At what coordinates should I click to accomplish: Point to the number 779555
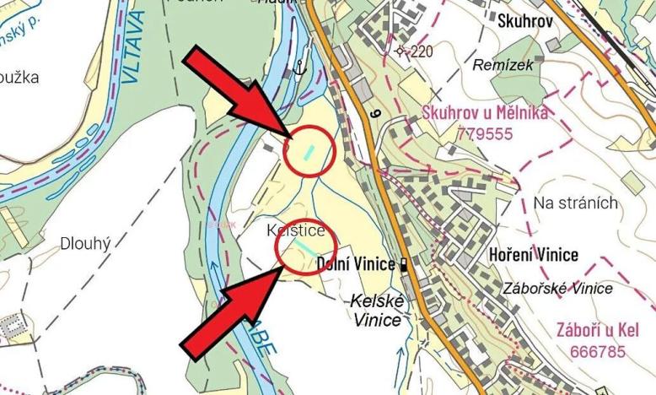pyautogui.click(x=486, y=133)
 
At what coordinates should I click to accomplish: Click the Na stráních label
pyautogui.click(x=576, y=203)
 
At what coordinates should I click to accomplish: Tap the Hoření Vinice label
pyautogui.click(x=534, y=255)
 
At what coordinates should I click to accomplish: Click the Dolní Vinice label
pyautogui.click(x=355, y=264)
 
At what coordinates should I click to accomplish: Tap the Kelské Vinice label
pyautogui.click(x=377, y=310)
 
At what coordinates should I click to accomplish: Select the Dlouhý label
pyautogui.click(x=86, y=244)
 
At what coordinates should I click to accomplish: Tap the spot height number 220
pyautogui.click(x=421, y=51)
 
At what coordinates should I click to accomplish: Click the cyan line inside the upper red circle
pyautogui.click(x=309, y=153)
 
